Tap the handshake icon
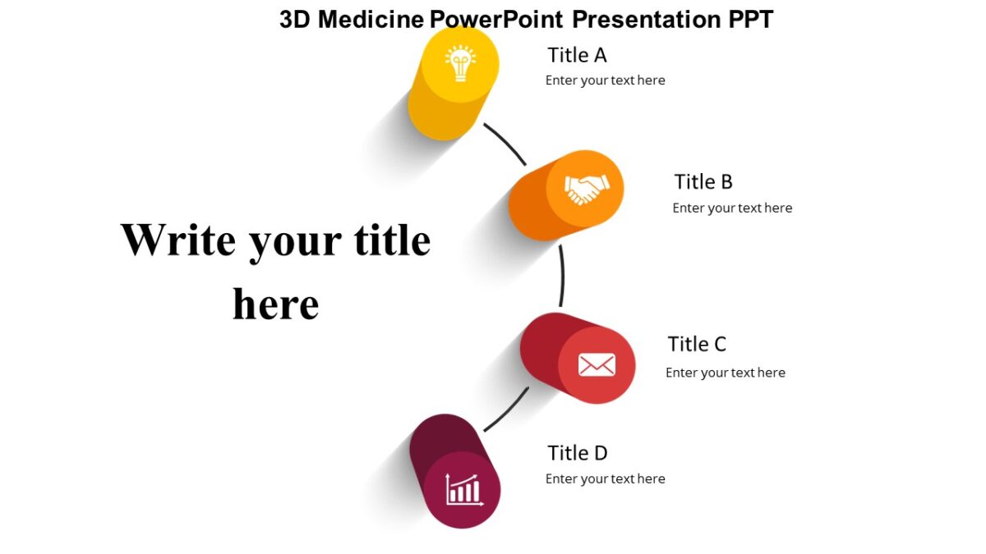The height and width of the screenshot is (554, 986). click(x=586, y=189)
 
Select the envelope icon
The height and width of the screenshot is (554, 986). click(x=597, y=364)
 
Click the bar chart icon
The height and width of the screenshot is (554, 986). click(x=463, y=490)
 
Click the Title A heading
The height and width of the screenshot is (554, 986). click(x=577, y=55)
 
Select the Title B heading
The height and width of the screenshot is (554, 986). click(x=703, y=181)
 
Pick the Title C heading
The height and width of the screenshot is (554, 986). click(x=697, y=344)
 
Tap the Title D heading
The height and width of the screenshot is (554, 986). click(x=577, y=453)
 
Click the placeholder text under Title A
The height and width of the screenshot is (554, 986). click(x=605, y=80)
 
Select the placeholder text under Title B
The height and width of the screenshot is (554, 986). click(x=732, y=208)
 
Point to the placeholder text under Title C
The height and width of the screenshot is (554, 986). click(x=725, y=373)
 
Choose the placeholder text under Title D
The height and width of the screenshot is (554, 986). click(x=605, y=478)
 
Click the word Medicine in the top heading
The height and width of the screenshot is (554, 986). click(x=371, y=19)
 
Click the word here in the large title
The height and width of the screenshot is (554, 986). click(x=275, y=304)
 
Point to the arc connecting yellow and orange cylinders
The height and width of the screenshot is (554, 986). click(x=506, y=143)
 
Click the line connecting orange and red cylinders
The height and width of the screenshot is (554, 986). click(x=562, y=275)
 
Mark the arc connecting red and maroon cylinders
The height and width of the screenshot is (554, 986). click(x=508, y=410)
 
